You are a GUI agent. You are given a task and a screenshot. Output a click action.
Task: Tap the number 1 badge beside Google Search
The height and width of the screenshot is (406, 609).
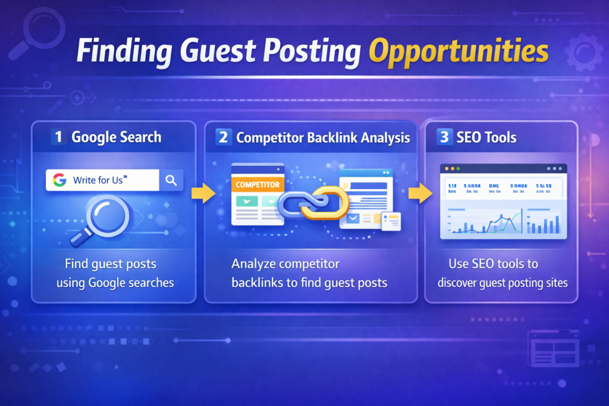pyautogui.click(x=58, y=137)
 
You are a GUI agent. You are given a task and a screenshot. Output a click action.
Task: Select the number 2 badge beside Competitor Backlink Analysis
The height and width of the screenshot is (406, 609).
pyautogui.click(x=223, y=137)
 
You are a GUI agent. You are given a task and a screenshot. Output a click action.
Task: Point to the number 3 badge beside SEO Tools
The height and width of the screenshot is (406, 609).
pyautogui.click(x=444, y=137)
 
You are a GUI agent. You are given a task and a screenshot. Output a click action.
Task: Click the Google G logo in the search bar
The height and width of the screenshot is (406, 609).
pyautogui.click(x=58, y=180)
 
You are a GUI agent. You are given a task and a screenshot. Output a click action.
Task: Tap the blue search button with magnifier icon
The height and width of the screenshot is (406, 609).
pyautogui.click(x=171, y=180)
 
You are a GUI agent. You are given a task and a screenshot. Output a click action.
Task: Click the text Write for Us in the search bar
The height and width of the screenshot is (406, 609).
pyautogui.click(x=100, y=180)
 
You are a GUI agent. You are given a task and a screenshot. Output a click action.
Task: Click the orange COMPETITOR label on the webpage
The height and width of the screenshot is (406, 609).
pyautogui.click(x=258, y=185)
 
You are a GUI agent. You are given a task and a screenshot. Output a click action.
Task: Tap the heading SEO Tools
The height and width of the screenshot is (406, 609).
pyautogui.click(x=486, y=137)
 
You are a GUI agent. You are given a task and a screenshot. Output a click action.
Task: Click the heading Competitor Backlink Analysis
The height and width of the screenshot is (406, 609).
pyautogui.click(x=323, y=137)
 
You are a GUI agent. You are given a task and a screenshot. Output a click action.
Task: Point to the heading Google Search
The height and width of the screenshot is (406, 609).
pyautogui.click(x=116, y=137)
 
